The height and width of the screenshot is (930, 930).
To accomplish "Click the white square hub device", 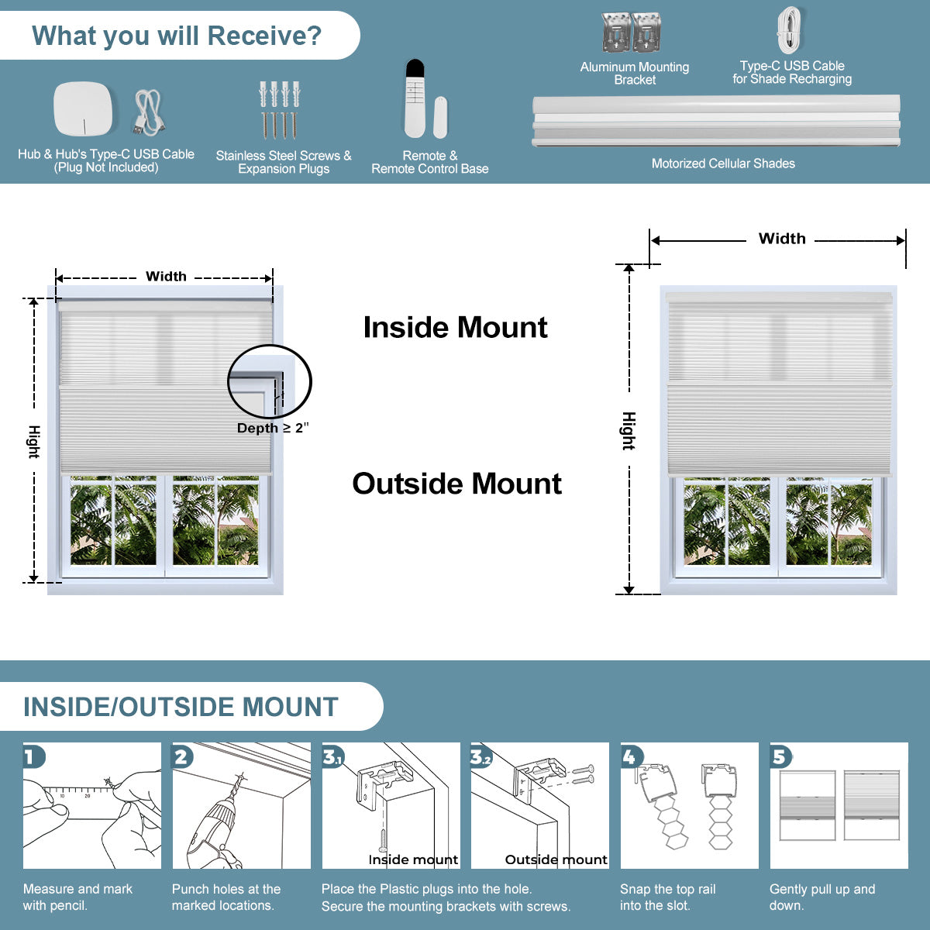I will (83, 108).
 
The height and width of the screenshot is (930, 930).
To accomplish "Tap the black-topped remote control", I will (415, 98).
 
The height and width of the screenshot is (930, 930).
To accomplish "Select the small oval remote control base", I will (440, 117).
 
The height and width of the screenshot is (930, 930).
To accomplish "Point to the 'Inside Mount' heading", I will (455, 328).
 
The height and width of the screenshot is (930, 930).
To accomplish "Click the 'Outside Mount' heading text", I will (456, 484).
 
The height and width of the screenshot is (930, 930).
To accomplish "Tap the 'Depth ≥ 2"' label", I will (272, 428).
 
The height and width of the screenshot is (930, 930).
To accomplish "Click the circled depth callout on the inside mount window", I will (269, 381).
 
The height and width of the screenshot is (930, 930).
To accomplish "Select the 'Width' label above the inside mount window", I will (166, 277).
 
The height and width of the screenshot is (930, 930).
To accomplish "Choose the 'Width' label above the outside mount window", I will (781, 239).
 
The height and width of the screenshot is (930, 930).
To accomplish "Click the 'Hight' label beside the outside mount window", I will (629, 431).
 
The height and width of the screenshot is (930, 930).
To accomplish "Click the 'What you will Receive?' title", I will (177, 36).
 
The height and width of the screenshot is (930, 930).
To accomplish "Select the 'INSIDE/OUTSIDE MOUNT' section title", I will (181, 707).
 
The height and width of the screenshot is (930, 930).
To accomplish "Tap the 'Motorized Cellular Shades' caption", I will (723, 164).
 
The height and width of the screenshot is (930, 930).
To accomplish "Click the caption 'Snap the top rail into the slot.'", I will (667, 897).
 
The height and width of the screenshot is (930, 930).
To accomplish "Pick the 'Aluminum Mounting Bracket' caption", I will (635, 74).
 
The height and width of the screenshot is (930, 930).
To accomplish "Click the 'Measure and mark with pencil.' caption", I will (77, 897).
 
